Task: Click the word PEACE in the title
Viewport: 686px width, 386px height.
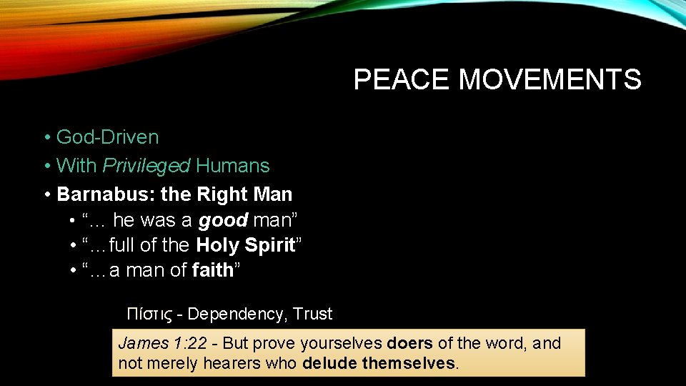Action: click(x=402, y=79)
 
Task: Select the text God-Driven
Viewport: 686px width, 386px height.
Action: click(x=107, y=137)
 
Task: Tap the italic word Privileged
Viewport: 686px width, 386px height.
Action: click(x=146, y=166)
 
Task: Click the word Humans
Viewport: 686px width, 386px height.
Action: click(x=233, y=166)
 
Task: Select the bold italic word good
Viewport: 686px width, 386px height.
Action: click(x=223, y=219)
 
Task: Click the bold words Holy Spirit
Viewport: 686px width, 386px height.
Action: click(x=246, y=245)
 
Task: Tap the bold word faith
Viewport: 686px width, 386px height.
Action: click(x=213, y=270)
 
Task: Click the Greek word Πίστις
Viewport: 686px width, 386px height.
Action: click(x=149, y=314)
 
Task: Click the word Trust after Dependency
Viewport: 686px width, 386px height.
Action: click(x=313, y=314)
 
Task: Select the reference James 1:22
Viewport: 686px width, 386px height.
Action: click(x=161, y=344)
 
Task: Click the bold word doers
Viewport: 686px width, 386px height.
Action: click(x=409, y=344)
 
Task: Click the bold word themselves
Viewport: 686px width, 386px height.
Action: click(x=408, y=363)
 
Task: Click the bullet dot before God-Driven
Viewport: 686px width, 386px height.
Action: click(x=46, y=137)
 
